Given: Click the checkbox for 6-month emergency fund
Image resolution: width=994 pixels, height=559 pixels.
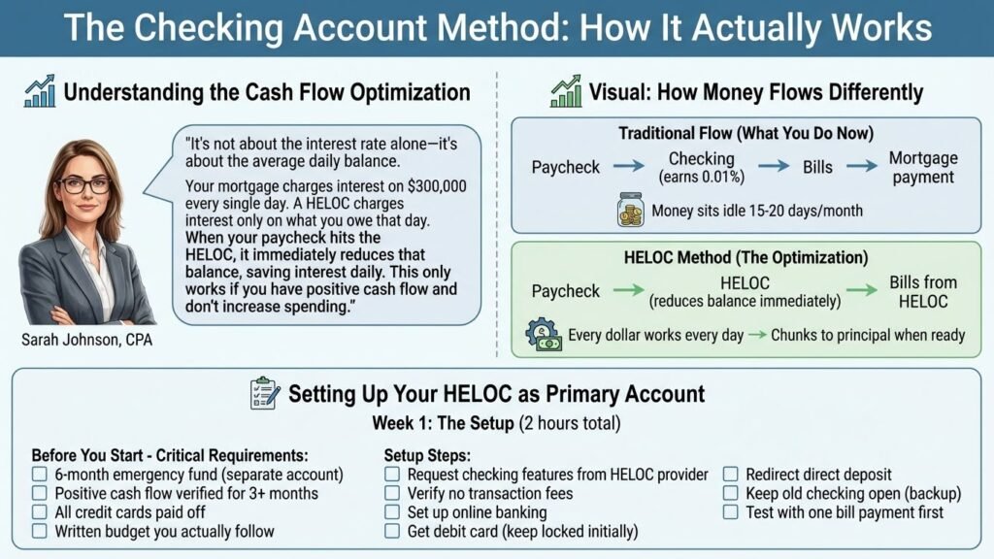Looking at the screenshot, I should (x=40, y=475).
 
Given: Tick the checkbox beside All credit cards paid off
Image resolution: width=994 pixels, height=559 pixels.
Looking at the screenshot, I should (x=40, y=512).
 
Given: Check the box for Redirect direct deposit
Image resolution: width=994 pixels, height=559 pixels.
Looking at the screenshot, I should (x=731, y=475).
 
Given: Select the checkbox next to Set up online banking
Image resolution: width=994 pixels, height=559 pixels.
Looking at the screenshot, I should (x=392, y=512).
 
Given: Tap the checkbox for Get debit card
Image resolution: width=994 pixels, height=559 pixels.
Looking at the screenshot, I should (x=392, y=531).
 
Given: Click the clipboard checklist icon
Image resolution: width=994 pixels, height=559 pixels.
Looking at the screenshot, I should (x=265, y=393).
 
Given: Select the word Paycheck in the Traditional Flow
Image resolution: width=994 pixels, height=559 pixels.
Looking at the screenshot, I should (x=566, y=168).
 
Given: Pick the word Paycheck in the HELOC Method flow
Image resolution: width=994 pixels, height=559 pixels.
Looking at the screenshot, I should (x=566, y=291).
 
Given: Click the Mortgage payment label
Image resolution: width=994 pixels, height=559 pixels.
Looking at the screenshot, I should (x=922, y=168).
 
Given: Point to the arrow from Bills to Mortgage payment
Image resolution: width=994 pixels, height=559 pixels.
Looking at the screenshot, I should (x=861, y=168).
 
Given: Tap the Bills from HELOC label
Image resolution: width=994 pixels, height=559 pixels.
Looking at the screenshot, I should (x=922, y=292).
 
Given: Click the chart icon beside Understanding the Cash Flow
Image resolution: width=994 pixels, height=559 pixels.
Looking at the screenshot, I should (x=40, y=93).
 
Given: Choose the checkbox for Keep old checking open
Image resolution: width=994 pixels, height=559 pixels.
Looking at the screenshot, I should (x=731, y=493).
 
